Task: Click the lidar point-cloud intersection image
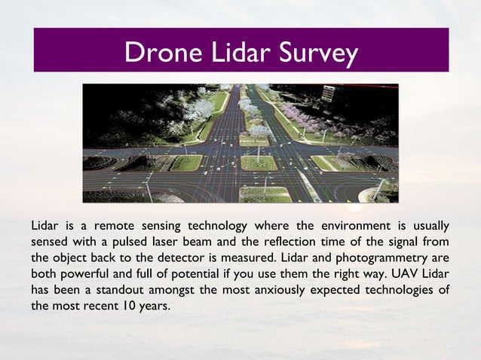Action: coord(240,143)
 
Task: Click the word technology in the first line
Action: coord(219,225)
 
